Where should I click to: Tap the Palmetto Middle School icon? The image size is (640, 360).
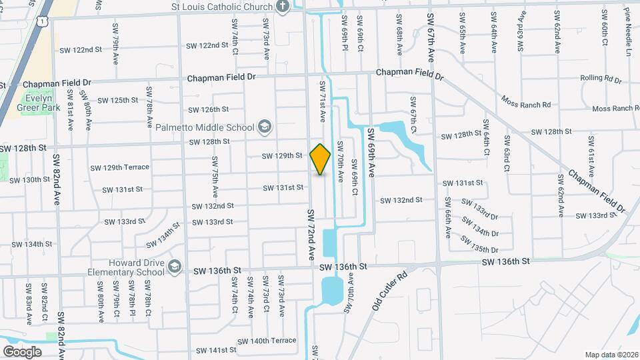(265, 127)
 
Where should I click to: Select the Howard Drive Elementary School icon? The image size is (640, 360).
(175, 267)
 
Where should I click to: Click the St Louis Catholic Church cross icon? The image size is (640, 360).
(283, 7)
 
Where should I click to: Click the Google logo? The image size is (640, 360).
(21, 351)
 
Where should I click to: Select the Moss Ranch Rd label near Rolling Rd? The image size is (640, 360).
(527, 105)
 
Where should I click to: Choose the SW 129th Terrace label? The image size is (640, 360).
(120, 167)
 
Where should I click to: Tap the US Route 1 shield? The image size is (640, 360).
(43, 22)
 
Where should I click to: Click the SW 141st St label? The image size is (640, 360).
(216, 350)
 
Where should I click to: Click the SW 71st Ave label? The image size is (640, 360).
(322, 101)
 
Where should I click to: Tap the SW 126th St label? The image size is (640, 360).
(209, 109)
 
